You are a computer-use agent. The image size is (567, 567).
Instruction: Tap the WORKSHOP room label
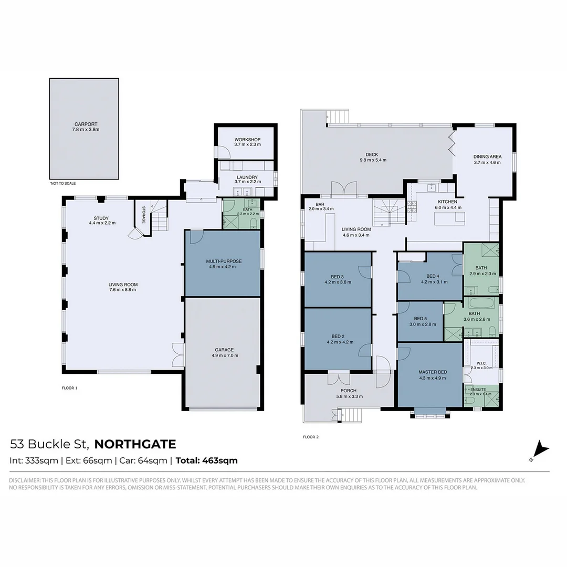pyautogui.click(x=247, y=140)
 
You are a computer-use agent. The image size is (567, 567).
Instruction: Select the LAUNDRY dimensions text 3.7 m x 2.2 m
pyautogui.click(x=247, y=182)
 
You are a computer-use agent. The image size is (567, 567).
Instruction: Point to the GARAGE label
pyautogui.click(x=224, y=350)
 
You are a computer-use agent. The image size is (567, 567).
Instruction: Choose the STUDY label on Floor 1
pyautogui.click(x=101, y=218)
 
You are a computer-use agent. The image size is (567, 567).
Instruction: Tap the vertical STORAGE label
pyautogui.click(x=143, y=214)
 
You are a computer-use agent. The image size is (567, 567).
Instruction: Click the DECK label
pyautogui.click(x=372, y=154)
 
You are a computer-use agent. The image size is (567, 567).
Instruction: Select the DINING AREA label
pyautogui.click(x=487, y=156)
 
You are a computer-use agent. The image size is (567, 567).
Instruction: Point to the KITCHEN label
pyautogui.click(x=448, y=202)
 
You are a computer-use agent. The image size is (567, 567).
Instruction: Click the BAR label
pyautogui.click(x=320, y=204)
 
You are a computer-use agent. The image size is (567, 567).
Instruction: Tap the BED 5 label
pyautogui.click(x=421, y=319)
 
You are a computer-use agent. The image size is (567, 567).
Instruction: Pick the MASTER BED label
pyautogui.click(x=432, y=372)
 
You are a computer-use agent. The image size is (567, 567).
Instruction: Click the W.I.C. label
pyautogui.click(x=481, y=362)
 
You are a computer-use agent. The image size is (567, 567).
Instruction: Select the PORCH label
pyautogui.click(x=348, y=391)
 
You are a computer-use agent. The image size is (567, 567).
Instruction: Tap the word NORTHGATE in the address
pyautogui.click(x=135, y=445)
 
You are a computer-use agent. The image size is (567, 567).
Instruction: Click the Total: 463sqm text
pyautogui.click(x=206, y=461)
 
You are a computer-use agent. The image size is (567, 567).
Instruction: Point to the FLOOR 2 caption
pyautogui.click(x=311, y=437)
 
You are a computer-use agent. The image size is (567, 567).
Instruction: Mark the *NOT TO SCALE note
pyautogui.click(x=62, y=183)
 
